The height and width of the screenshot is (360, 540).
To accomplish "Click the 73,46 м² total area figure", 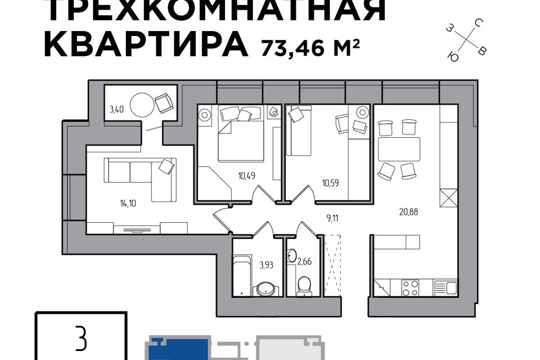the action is tap(310, 47).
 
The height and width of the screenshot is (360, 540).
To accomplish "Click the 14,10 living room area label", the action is tap(128, 204).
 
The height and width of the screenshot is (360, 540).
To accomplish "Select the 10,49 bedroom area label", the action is tap(246, 176).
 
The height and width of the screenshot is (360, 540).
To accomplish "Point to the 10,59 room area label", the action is tap(330, 183).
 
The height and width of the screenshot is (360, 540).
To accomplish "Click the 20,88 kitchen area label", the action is tap(408, 212).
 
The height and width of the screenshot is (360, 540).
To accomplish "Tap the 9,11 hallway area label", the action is tap(332, 218).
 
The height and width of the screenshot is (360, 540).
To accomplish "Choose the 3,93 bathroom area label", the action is tap(266, 265).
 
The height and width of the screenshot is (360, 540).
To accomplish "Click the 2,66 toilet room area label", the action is tap(304, 262).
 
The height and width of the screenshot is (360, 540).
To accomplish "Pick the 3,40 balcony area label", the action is tap(116, 110).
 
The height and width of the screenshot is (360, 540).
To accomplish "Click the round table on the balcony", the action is tap(142, 105).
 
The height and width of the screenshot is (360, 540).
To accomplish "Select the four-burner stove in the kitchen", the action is tap(411, 287).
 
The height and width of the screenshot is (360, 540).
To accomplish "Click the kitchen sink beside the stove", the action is tap(445, 287).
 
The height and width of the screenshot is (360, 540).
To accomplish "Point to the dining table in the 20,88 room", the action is tap(399, 149).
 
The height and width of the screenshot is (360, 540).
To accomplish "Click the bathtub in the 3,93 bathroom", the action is tap(242, 275).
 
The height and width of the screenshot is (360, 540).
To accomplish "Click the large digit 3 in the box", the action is tap(81, 339).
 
